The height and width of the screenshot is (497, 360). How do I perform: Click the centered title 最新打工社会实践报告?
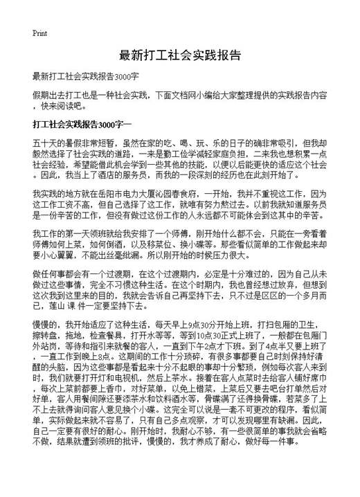pyautogui.click(x=179, y=55)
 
